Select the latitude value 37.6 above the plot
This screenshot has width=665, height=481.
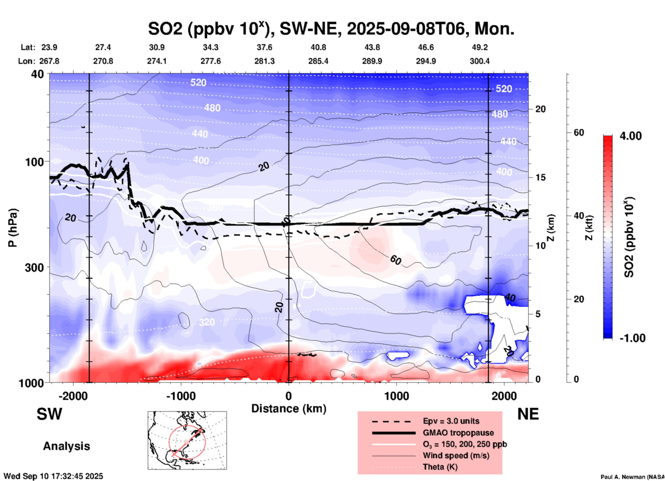coord(264,47)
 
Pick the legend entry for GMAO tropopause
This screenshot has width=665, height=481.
coord(458,433)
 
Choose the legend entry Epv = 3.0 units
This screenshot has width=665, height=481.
coord(451,421)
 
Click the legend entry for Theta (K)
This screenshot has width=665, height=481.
coord(440,467)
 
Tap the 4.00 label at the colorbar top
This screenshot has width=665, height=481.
coord(630,136)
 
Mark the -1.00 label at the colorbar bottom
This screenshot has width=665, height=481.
coord(632,338)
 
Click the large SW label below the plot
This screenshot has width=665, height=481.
coord(49,414)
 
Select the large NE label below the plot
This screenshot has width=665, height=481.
coord(528,414)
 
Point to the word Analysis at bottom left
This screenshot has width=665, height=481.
coord(66,446)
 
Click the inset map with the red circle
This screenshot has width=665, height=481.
coord(187,440)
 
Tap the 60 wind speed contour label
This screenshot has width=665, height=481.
coord(396,260)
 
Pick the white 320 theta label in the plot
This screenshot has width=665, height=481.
coord(206,322)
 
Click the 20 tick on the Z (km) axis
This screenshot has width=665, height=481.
coord(540,109)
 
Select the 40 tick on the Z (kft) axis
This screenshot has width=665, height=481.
coord(578,216)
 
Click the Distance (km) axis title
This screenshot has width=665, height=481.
coord(289,409)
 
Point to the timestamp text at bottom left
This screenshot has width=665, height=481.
coord(53,476)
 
